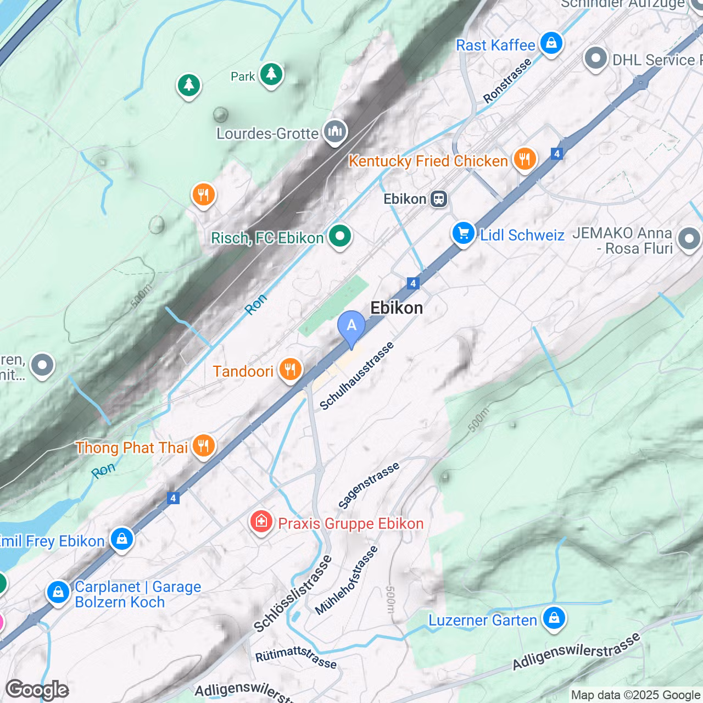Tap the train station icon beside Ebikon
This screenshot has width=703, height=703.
(439, 199)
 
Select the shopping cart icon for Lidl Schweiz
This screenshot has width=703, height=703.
(463, 233)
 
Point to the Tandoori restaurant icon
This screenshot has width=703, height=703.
(290, 370)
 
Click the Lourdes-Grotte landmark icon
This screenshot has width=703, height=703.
(334, 132)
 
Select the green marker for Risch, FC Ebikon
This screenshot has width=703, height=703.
(340, 237)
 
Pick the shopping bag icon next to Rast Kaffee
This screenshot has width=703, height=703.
(551, 43)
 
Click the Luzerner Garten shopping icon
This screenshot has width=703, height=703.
(554, 618)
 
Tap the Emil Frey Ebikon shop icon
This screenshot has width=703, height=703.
(122, 539)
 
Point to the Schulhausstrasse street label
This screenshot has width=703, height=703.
(356, 376)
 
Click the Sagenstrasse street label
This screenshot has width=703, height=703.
(369, 486)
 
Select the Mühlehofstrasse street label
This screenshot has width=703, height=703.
(347, 581)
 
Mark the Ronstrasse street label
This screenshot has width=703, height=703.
(507, 80)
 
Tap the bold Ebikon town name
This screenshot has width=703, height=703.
(397, 308)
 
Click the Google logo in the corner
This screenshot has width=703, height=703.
(37, 690)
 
